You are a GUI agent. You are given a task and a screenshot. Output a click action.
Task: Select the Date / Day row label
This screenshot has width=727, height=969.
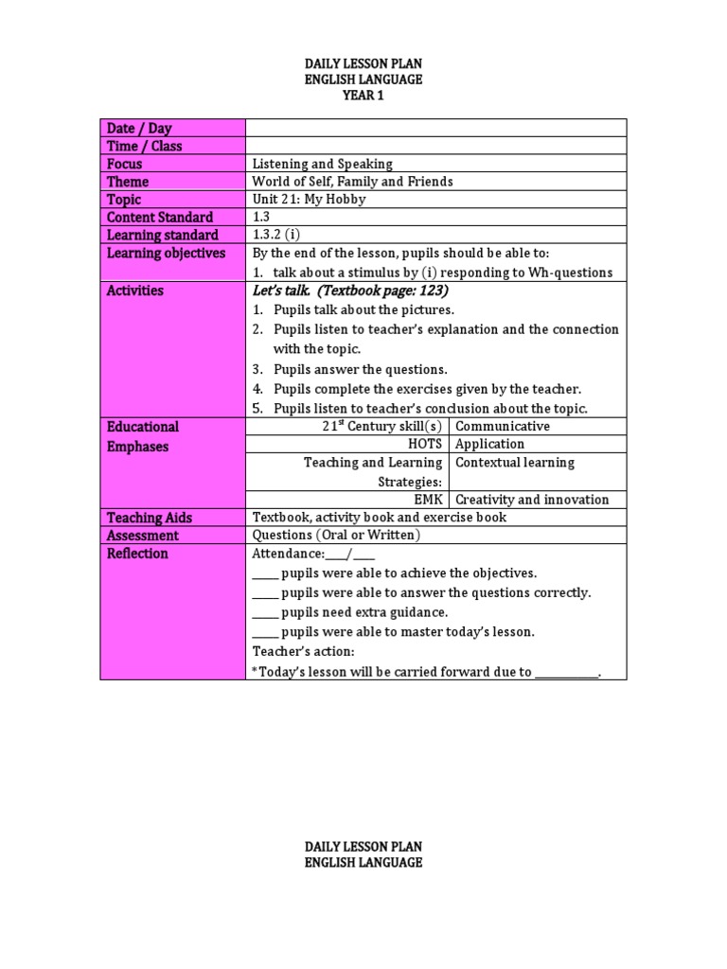coord(139,128)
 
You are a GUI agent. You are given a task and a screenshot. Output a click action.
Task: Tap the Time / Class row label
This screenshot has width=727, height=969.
coord(145,146)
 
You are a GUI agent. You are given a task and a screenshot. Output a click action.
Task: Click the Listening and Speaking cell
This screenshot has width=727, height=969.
coord(322,164)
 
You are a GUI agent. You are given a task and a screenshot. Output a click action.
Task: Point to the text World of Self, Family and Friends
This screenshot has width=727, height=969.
coord(352,182)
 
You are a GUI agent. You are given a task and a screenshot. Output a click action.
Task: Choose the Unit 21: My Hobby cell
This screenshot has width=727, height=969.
coord(309,200)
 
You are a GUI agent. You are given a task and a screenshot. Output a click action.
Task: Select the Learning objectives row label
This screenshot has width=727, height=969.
coord(167,254)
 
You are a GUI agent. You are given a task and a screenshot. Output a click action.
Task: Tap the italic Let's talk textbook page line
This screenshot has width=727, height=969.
coord(350,291)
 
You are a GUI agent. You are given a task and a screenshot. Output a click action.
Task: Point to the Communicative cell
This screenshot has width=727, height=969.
coord(503,426)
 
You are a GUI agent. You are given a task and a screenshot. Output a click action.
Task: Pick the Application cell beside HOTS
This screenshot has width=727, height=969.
coord(489,444)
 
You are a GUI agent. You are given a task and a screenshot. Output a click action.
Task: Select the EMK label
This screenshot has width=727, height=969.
coord(428,500)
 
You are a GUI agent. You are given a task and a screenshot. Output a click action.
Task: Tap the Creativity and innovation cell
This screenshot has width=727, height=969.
coord(532,500)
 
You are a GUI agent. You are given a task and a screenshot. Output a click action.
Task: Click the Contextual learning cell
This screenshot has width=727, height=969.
coord(515,463)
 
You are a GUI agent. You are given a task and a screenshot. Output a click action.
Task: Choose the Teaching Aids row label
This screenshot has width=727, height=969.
coord(150,518)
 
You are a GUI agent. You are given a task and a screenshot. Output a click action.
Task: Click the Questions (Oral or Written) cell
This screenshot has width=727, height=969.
coord(336,536)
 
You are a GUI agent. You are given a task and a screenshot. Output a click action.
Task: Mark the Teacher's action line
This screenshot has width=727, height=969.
coord(304,652)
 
